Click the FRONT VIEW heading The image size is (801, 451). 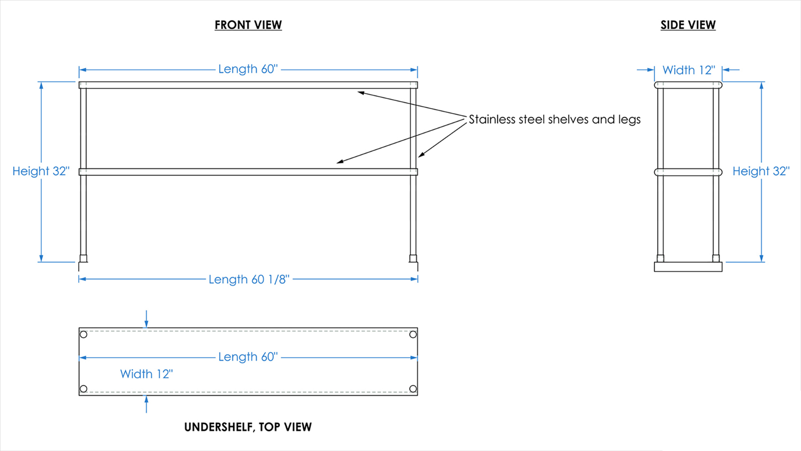(x=248, y=25)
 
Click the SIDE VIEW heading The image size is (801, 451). (x=688, y=25)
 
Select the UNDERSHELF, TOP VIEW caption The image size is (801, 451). (x=248, y=427)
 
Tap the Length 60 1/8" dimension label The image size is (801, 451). (x=249, y=279)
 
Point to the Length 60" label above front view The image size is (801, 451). (x=248, y=69)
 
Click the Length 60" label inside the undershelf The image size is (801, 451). (x=248, y=357)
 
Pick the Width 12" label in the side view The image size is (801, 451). (x=689, y=70)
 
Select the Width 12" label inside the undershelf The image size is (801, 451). (x=146, y=374)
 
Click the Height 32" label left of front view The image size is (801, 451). (x=41, y=171)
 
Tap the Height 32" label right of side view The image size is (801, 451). (x=761, y=171)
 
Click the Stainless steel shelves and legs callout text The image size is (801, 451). (x=555, y=119)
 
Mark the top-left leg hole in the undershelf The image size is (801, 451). (x=83, y=334)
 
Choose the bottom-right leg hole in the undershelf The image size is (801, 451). (x=413, y=389)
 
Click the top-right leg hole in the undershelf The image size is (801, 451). (x=413, y=334)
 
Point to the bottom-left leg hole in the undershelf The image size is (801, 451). (x=83, y=389)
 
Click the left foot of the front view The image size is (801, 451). (x=83, y=258)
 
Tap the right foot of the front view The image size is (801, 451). (x=413, y=258)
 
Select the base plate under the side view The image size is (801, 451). (x=688, y=267)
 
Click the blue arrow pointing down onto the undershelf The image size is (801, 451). (x=146, y=319)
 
